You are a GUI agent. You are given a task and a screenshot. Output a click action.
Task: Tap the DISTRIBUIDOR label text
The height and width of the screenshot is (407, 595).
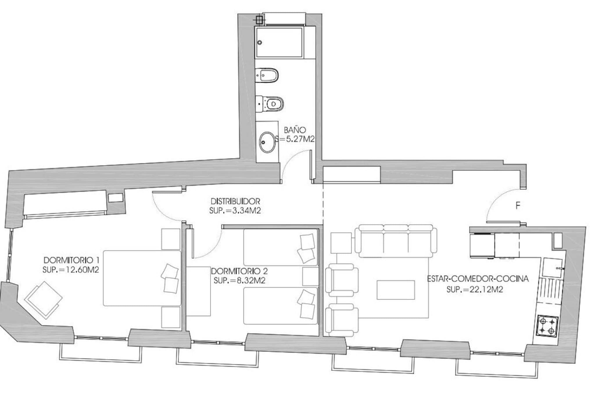click(235, 201)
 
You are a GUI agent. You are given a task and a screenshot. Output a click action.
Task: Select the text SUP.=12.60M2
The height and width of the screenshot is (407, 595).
click(71, 270)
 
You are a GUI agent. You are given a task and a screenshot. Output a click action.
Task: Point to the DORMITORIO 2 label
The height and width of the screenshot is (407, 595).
click(239, 271)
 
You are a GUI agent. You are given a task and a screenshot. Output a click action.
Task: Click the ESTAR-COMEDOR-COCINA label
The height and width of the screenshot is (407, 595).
click(478, 279)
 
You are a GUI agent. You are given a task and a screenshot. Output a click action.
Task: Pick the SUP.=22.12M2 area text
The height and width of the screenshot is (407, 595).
click(475, 289)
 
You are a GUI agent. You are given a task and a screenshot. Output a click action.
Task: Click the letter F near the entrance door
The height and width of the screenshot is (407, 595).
click(518, 206)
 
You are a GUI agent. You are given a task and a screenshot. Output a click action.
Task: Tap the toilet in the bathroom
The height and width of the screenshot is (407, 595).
click(269, 103)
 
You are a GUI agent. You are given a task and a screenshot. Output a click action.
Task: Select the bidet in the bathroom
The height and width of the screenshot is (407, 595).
click(267, 75)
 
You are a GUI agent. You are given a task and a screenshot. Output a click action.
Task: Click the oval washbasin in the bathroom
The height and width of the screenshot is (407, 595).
click(267, 142)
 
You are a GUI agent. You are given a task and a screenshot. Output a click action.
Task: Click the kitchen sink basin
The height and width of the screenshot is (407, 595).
click(553, 267)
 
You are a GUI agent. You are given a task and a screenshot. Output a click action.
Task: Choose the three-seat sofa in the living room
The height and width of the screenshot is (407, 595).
click(396, 241)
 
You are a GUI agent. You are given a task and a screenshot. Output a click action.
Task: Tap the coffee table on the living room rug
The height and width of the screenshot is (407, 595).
click(396, 290)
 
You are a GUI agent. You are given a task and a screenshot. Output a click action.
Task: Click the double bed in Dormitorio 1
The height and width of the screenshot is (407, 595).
click(142, 278)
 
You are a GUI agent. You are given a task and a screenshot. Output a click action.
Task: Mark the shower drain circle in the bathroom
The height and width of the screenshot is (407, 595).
click(260, 42)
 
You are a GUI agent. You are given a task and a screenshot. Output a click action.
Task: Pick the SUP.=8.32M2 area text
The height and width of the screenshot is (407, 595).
click(239, 281)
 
